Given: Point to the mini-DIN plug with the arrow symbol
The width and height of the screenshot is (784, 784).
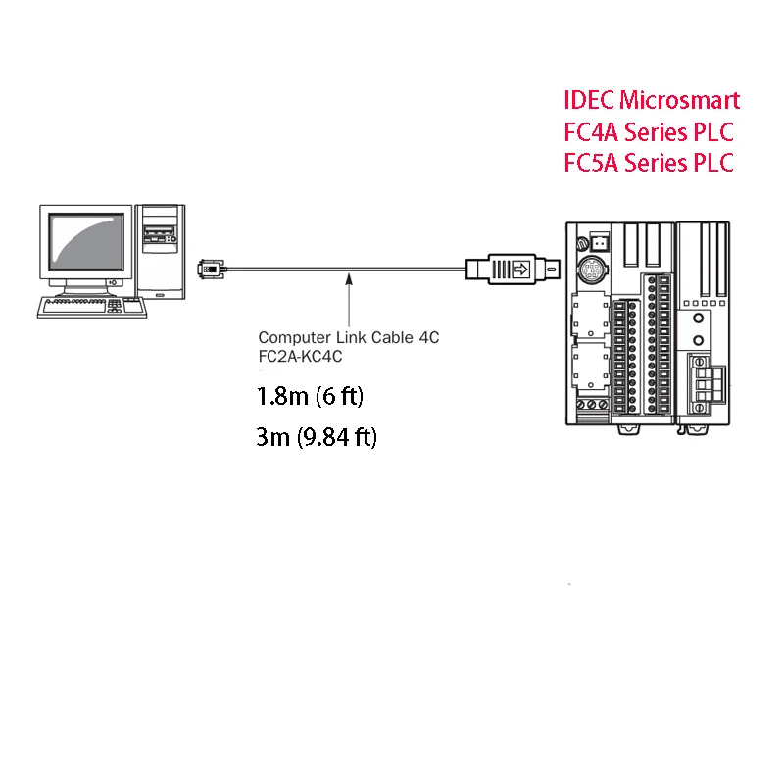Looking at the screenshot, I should [x=510, y=268].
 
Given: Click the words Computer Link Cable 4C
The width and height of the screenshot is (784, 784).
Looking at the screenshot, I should [x=349, y=337].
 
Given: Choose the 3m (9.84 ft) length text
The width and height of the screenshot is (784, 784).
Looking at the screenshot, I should [x=316, y=436].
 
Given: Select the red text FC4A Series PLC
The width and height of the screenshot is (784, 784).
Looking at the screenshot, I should [x=649, y=131].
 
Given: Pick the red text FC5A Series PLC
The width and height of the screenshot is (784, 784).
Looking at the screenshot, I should [x=649, y=163].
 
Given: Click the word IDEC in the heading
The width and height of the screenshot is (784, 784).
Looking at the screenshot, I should [x=589, y=99].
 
